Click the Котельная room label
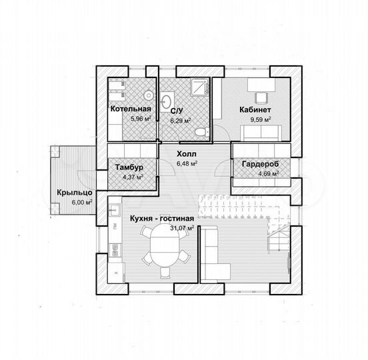(131, 109)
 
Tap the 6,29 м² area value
(181, 121)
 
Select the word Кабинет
(255, 109)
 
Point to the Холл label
(187, 154)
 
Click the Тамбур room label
(129, 167)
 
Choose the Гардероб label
(260, 164)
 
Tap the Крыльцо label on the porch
(75, 193)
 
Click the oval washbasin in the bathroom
(167, 101)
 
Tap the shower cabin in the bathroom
(199, 87)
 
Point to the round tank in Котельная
(149, 95)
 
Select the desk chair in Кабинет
(261, 98)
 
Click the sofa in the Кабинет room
(261, 133)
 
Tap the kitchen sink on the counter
(115, 209)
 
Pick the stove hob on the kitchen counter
(115, 250)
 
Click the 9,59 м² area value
(261, 120)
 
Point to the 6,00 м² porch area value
(82, 202)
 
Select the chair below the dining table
(165, 273)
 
